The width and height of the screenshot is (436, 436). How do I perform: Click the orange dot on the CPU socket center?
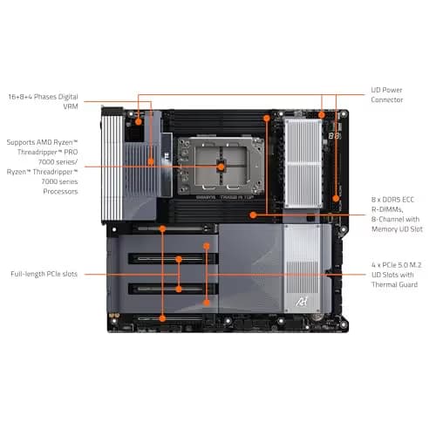(221, 167)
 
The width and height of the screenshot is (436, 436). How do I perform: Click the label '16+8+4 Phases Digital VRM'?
(43, 101)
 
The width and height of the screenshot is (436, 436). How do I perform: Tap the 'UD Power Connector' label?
(387, 95)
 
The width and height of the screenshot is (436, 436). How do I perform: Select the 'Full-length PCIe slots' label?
(44, 274)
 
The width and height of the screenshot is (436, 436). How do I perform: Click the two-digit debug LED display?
(334, 136)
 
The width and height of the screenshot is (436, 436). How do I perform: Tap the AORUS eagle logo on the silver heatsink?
(302, 302)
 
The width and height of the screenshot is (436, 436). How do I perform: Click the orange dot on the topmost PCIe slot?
(162, 228)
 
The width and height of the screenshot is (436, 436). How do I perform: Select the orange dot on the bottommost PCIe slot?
(162, 318)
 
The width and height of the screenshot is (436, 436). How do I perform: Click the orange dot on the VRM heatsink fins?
(151, 161)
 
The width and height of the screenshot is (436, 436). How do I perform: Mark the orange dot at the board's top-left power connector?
(139, 121)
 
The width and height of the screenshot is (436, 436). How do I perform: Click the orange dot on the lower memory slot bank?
(253, 215)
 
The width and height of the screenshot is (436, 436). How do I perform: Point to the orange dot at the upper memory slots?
(267, 118)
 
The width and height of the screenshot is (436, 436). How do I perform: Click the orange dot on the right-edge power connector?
(336, 199)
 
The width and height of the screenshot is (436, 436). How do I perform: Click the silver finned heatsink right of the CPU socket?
(303, 164)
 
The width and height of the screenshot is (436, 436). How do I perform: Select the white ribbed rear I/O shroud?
(112, 165)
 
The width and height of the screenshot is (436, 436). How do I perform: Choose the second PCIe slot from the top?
(174, 259)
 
